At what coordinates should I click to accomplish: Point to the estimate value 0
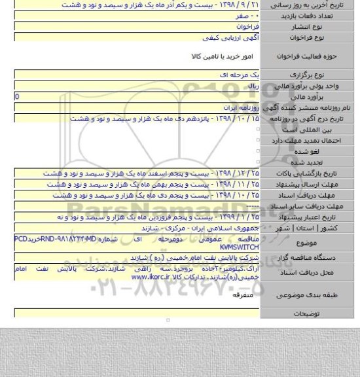click(x=7, y=96)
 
